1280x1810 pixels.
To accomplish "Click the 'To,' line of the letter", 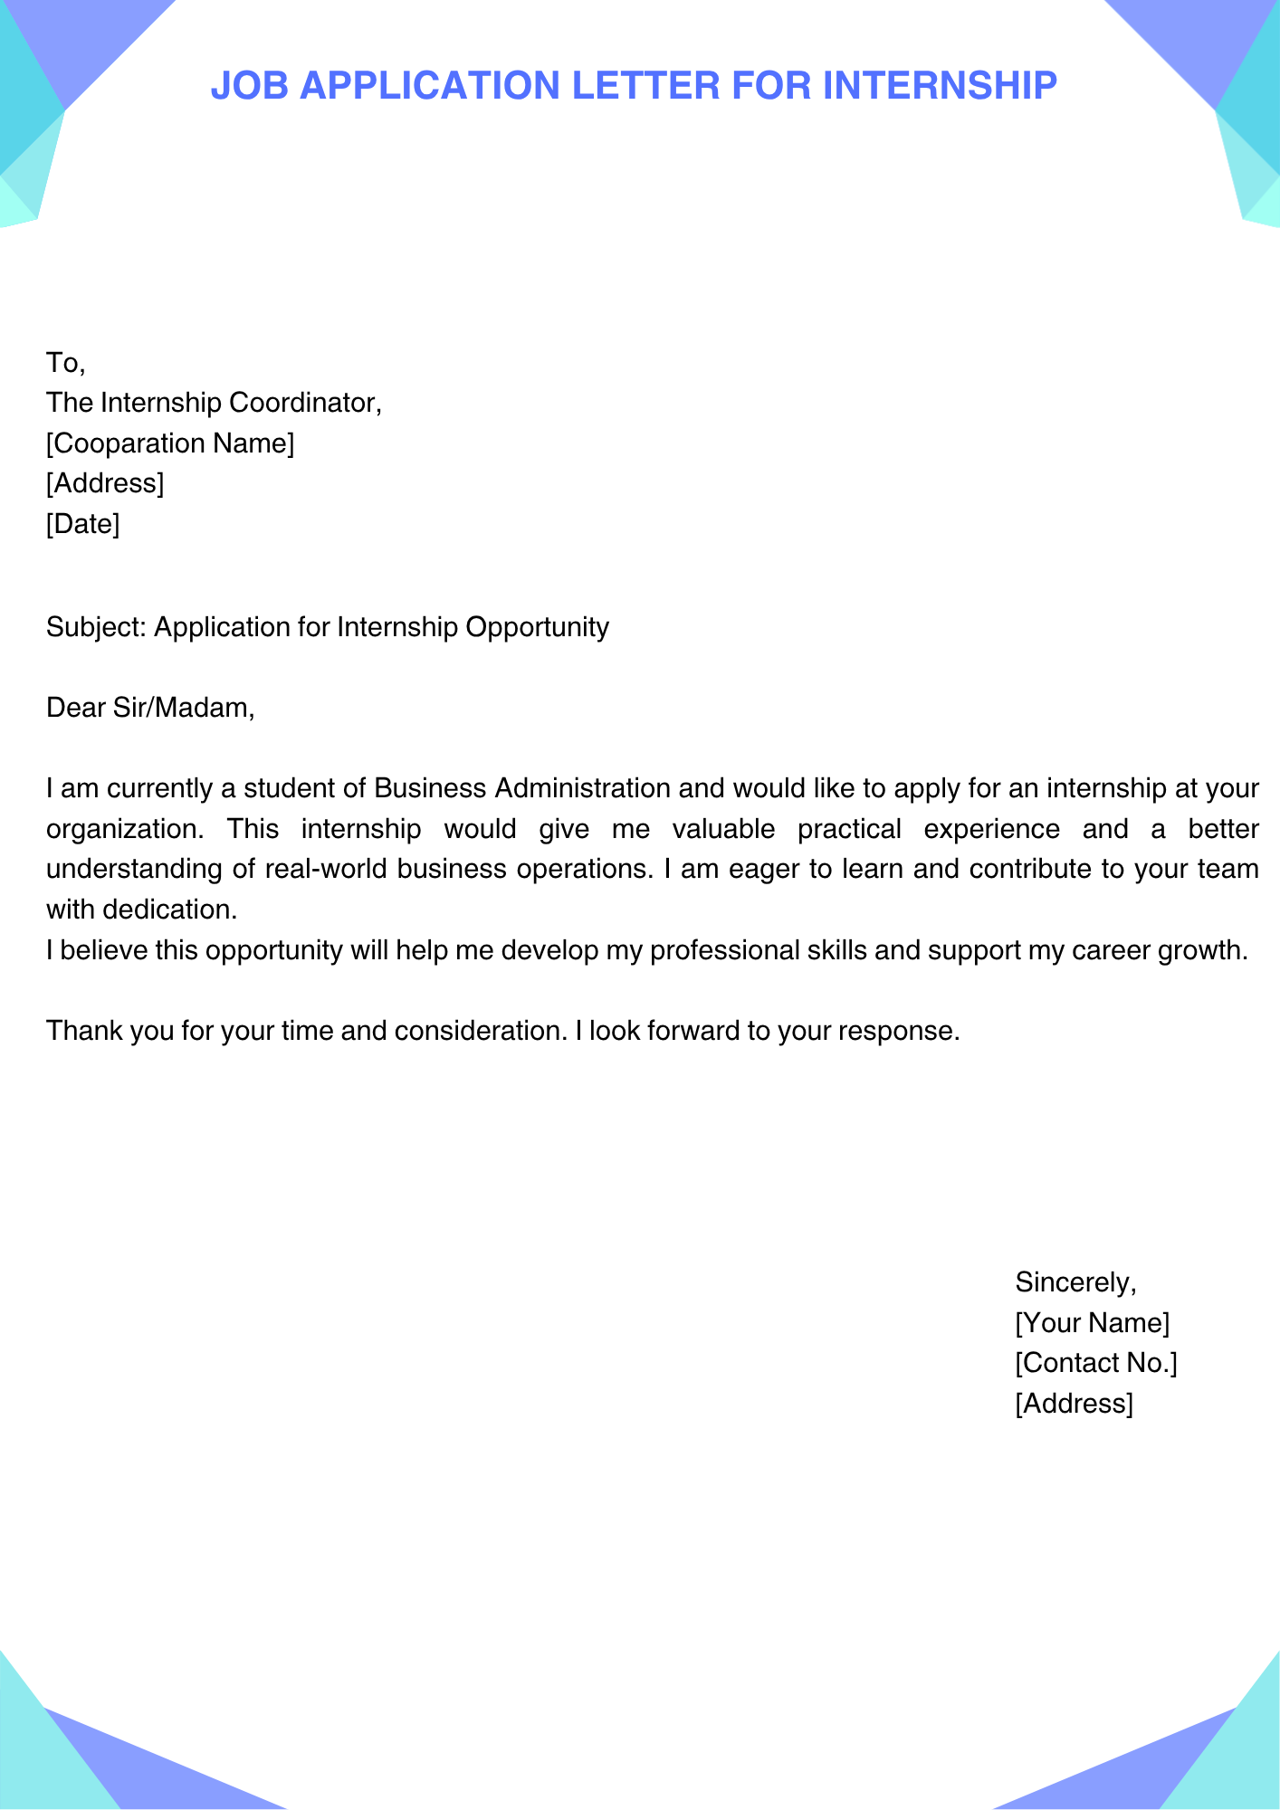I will (x=65, y=363).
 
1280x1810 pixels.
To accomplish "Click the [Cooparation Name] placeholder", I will (x=170, y=443).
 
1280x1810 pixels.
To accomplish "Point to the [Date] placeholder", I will (x=82, y=523).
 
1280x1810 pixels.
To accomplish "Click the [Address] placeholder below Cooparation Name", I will (x=105, y=483).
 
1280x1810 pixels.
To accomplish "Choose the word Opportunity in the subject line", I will (x=537, y=627).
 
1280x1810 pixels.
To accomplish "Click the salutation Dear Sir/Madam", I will (x=150, y=707).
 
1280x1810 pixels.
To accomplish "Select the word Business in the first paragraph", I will (x=430, y=788).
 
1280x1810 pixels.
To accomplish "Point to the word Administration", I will (x=583, y=788).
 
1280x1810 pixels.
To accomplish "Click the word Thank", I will (x=83, y=1031).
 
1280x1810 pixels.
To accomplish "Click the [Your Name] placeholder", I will (x=1092, y=1323).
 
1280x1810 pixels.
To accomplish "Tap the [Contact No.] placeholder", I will (x=1095, y=1363).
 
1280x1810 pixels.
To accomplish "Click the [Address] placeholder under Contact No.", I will (x=1074, y=1404).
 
